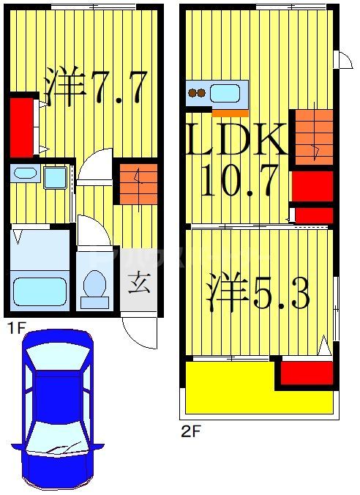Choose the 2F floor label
click(190, 431)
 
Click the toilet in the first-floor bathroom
click(94, 287)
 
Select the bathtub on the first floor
click(41, 290)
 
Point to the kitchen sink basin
click(225, 94)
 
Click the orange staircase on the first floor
click(133, 184)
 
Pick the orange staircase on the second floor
click(312, 137)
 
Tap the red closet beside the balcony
click(307, 373)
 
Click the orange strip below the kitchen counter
click(230, 113)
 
